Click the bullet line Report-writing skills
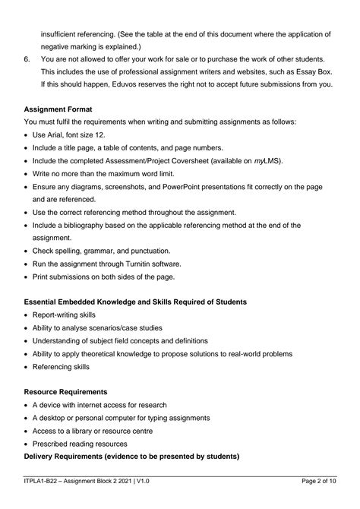coord(66,315)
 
